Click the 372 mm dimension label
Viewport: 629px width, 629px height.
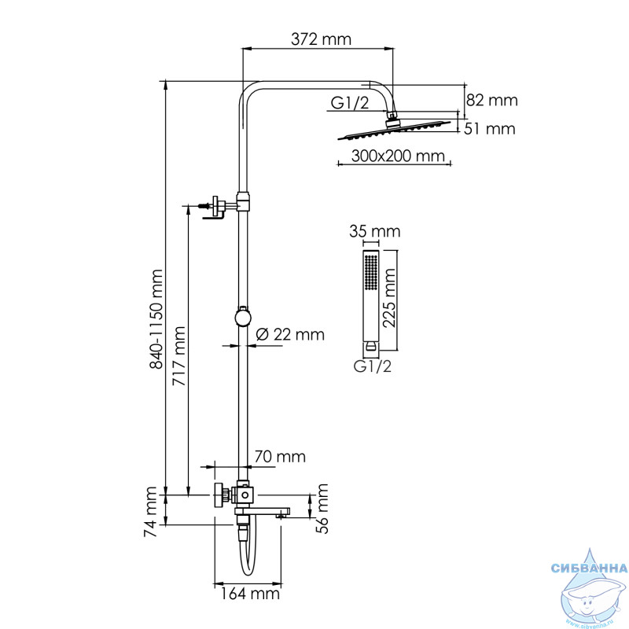coord(321,39)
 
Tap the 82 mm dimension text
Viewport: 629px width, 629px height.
coord(492,100)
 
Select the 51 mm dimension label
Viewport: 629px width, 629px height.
coord(489,129)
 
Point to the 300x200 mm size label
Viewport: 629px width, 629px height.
coord(398,156)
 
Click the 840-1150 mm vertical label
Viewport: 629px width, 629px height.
coord(156,319)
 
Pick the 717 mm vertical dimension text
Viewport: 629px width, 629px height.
coord(179,356)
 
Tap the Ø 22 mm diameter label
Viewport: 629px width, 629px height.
coord(290,334)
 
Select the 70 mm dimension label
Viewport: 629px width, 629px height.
coord(280,457)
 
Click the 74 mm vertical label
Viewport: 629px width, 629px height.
coord(150,512)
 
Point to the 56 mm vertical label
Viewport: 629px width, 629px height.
coord(322,509)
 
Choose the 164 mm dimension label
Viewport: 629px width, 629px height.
coord(250,594)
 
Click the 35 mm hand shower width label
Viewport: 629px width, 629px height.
coord(375,231)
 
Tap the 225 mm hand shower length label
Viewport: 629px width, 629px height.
coord(389,298)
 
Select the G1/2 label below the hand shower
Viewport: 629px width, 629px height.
coord(372,366)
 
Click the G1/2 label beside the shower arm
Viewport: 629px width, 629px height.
coord(349,103)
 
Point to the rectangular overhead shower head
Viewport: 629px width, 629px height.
coord(395,129)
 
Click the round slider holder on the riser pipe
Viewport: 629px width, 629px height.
coord(243,317)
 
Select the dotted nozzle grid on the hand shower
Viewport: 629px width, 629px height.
coord(371,271)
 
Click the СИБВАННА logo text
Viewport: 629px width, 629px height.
coord(589,568)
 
